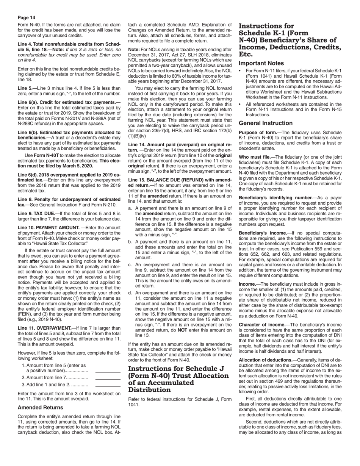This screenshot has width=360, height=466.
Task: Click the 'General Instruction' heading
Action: (266, 123)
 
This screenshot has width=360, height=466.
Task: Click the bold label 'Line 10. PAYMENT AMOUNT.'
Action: (49, 227)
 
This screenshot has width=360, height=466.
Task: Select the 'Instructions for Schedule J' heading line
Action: (176, 369)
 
